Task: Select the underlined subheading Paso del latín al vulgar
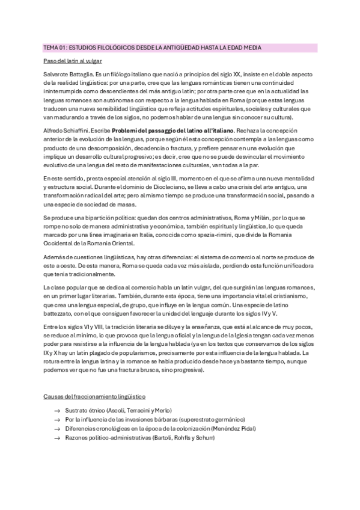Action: (x=73, y=61)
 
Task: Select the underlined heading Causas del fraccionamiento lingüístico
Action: (x=94, y=397)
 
